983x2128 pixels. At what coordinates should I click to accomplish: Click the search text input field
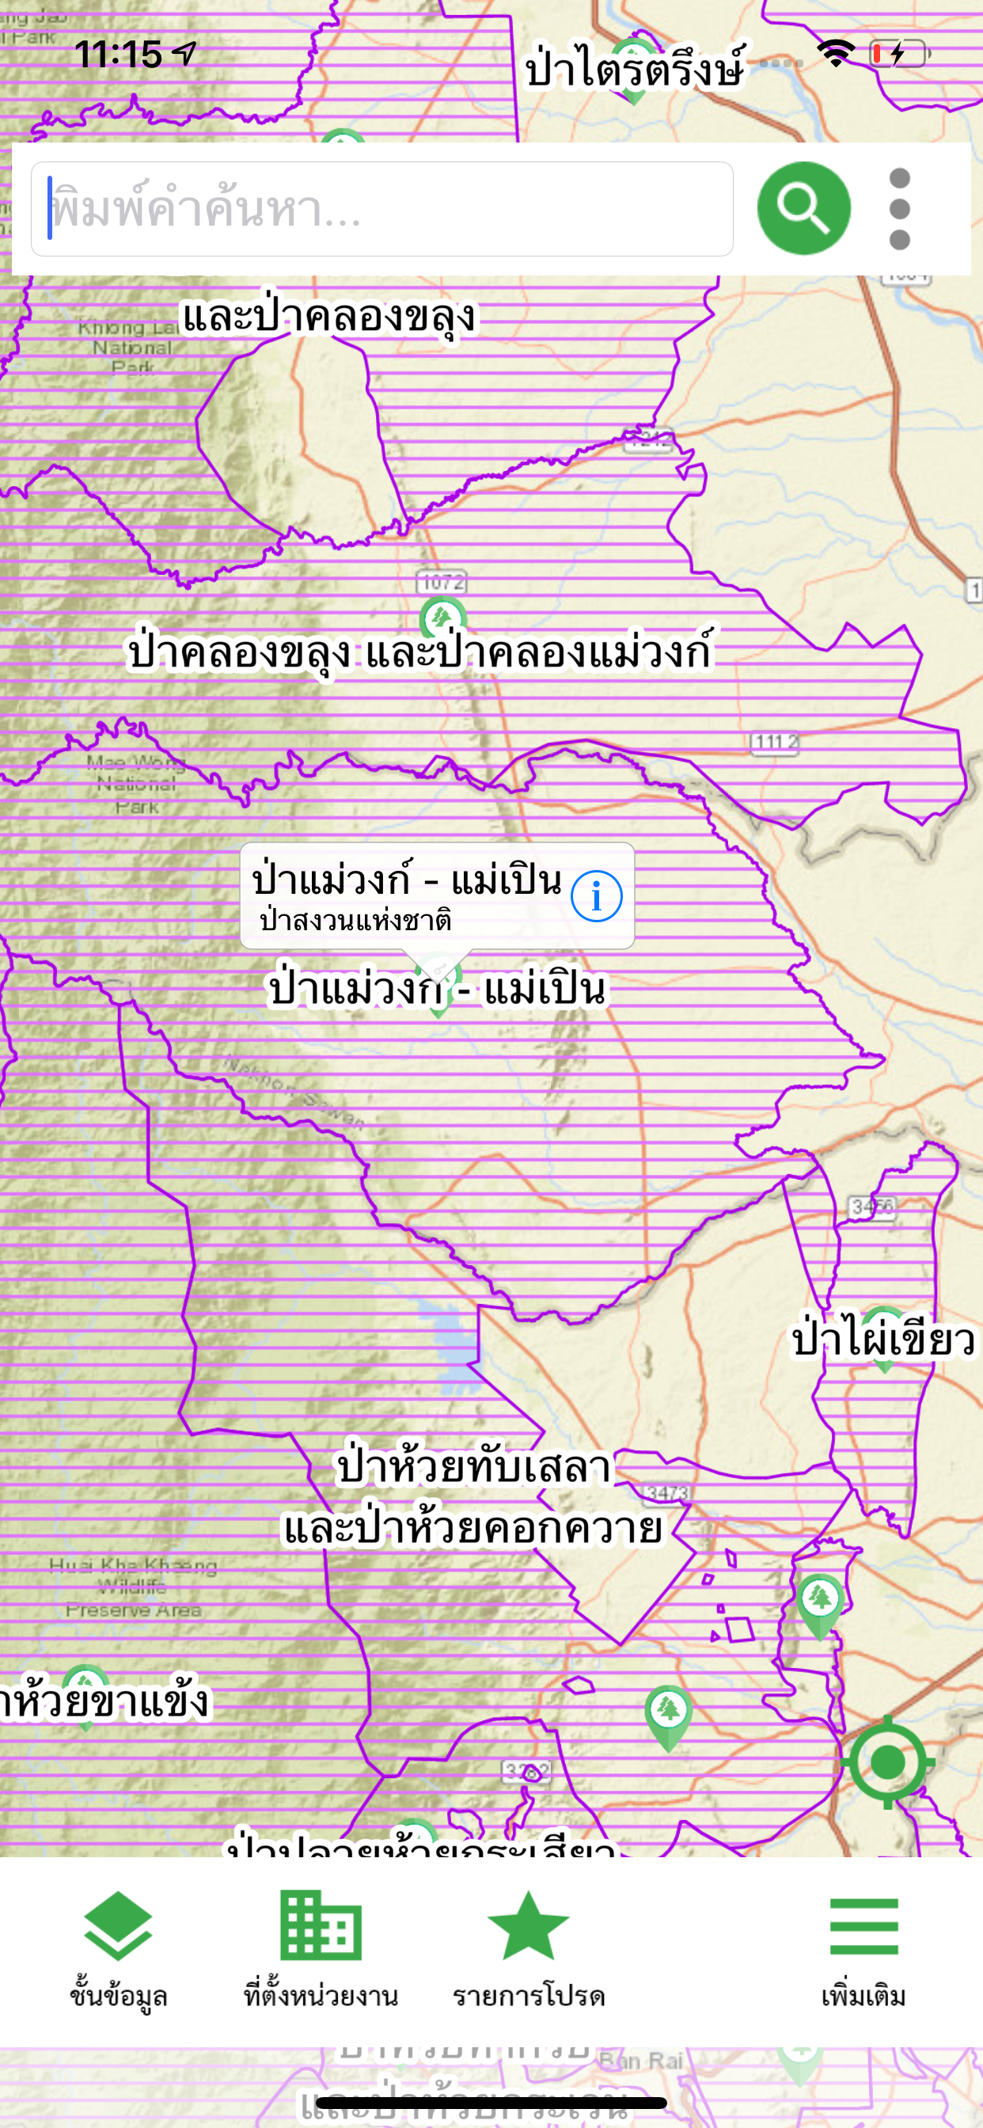point(381,209)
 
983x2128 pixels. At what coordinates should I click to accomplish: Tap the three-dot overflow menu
point(900,209)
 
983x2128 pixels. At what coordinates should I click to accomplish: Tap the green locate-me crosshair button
point(887,1761)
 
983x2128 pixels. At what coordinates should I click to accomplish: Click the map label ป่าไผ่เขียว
point(883,1340)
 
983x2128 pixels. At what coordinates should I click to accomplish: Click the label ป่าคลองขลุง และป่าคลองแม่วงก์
point(419,652)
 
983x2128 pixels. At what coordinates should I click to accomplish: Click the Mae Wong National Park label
point(135,784)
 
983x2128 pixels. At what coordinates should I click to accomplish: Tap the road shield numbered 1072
point(442,583)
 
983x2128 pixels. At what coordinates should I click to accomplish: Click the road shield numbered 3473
point(666,1494)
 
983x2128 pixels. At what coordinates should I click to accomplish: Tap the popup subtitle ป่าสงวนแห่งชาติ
point(355,919)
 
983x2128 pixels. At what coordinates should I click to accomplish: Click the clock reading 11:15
point(118,55)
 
